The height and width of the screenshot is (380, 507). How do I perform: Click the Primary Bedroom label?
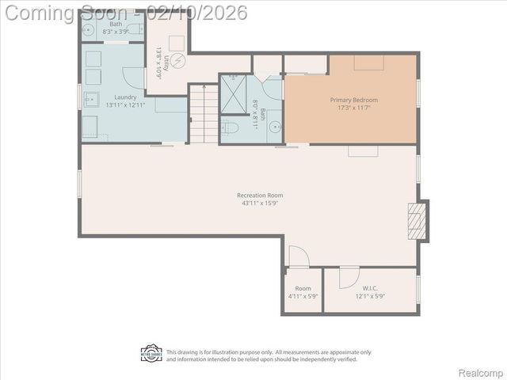coord(353,101)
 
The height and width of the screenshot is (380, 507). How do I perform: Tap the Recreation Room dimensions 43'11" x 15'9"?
coord(259,203)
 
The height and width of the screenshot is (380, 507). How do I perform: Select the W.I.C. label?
coord(369,288)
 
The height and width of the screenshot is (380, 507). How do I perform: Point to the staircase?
coord(204,114)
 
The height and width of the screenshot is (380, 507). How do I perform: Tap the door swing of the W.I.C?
coord(349,277)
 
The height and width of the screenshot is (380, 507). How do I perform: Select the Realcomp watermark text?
coord(481,371)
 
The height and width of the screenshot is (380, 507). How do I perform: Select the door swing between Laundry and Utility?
coord(135,77)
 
